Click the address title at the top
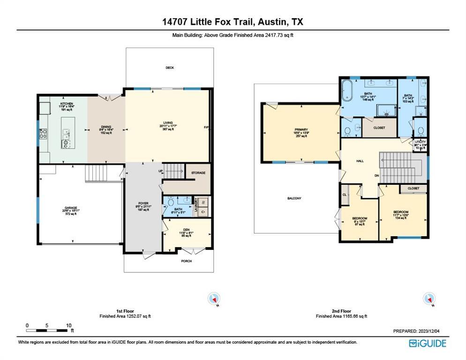coord(233,22)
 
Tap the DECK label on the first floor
coord(170,68)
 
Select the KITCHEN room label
coord(66,104)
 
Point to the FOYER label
coord(143,203)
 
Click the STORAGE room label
coord(198,173)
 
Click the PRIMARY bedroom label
coord(301,130)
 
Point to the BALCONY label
coord(294,198)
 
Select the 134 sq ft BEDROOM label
coord(401,212)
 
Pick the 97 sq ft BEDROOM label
coord(360,219)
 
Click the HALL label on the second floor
coord(360,161)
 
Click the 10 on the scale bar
coord(68,325)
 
